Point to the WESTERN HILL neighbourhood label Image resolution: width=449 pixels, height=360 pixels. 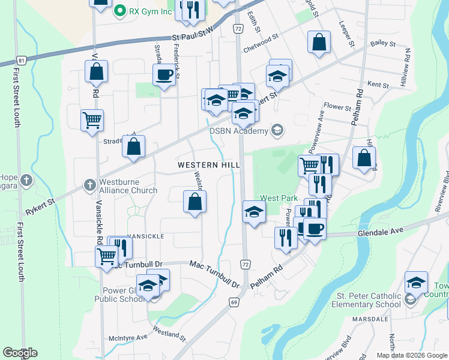click(x=205, y=164)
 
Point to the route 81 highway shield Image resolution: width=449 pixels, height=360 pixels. click(x=22, y=61)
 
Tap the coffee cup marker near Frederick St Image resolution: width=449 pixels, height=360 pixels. click(x=164, y=75)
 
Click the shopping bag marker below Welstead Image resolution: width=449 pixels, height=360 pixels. click(x=194, y=202)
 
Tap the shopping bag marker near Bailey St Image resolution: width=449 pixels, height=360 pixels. click(x=319, y=42)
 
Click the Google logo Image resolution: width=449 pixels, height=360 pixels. click(x=20, y=352)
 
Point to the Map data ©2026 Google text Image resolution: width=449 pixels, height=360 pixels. click(x=412, y=355)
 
